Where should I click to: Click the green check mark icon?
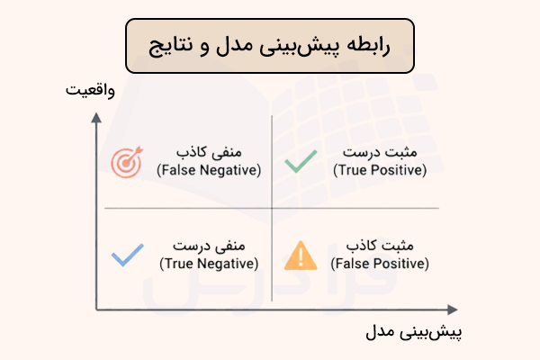(x=300, y=161)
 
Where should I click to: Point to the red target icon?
(x=126, y=161)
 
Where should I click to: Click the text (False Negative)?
(x=209, y=169)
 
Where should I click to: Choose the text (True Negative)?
(x=209, y=264)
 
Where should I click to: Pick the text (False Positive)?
(x=380, y=264)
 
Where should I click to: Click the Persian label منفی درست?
(x=220, y=246)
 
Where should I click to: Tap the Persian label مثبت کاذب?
(x=382, y=246)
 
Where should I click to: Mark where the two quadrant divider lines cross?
(x=272, y=209)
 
